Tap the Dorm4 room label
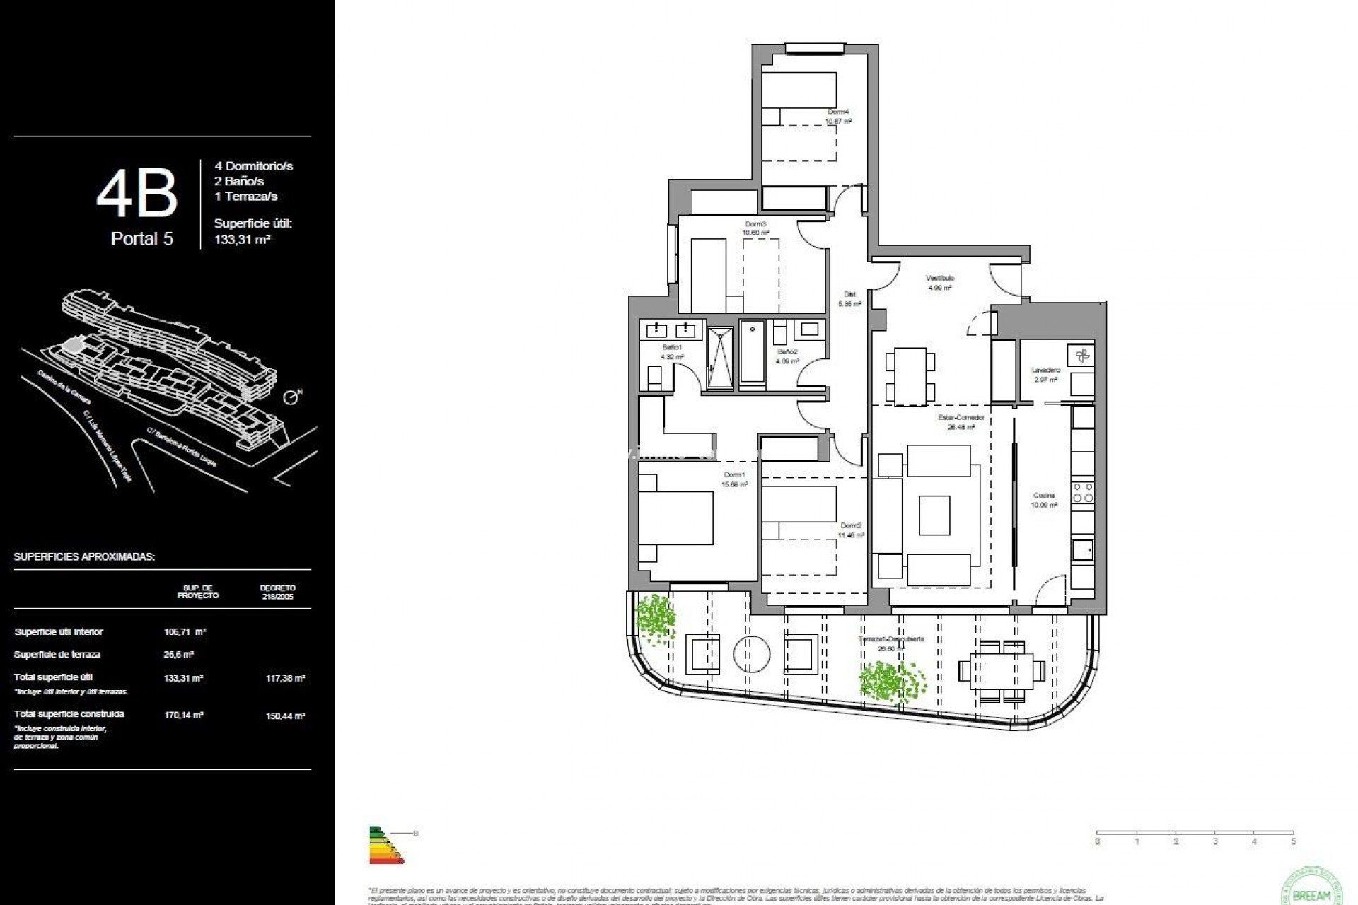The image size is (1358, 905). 838,112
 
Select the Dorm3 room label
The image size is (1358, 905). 755,224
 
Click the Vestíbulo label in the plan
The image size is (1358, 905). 940,278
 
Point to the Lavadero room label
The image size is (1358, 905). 1045,370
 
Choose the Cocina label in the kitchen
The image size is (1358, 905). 1044,496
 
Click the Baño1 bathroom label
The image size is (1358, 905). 671,347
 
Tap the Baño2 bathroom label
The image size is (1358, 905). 787,351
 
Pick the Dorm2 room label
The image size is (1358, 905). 851,525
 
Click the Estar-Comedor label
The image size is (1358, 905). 961,417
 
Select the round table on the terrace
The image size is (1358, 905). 751,653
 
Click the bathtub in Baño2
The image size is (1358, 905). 753,354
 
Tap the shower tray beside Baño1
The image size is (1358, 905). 721,358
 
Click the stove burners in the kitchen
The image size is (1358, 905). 1083,493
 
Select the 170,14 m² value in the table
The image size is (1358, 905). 183,715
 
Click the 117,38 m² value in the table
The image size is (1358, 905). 285,678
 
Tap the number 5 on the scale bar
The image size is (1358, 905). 1294,842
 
